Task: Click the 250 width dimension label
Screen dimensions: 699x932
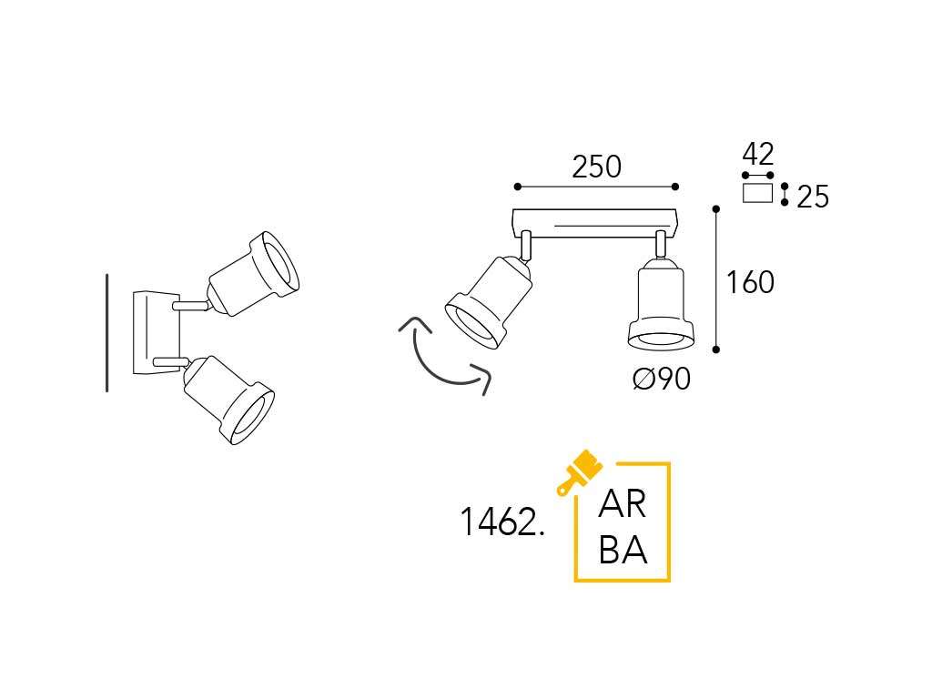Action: (596, 167)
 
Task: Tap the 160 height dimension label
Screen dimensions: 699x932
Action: (750, 283)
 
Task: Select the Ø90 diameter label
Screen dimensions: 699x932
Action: (662, 379)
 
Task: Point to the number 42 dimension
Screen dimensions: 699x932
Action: (758, 154)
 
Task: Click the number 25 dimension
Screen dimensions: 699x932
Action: (813, 198)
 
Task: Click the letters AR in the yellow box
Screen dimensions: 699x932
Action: (623, 506)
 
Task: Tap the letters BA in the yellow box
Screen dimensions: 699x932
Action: (623, 551)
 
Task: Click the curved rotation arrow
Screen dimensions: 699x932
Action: (437, 360)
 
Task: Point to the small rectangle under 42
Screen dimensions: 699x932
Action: (757, 193)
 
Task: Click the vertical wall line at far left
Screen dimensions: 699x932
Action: (107, 332)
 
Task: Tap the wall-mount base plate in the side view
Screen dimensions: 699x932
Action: (147, 332)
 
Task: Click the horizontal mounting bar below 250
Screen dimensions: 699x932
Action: (596, 221)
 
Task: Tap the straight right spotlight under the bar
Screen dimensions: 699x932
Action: (660, 305)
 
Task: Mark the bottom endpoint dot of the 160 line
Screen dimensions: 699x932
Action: (716, 349)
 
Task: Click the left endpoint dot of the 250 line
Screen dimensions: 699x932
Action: (517, 187)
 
